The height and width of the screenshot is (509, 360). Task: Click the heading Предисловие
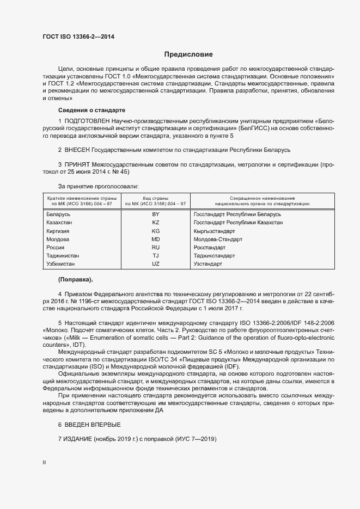point(188,54)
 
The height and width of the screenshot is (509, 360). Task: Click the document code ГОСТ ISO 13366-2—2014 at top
point(78,38)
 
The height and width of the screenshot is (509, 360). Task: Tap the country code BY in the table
point(156,214)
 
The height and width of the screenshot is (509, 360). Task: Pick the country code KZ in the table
point(156,223)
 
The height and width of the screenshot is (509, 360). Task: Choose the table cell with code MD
point(156,240)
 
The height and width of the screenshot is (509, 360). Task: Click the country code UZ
point(156,264)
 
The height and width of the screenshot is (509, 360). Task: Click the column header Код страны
point(155,198)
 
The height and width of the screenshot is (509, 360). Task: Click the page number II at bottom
point(44,462)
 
